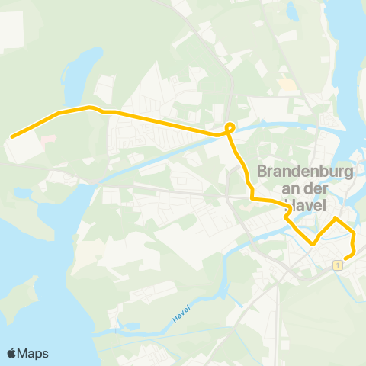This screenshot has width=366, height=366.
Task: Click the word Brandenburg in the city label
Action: point(305,172)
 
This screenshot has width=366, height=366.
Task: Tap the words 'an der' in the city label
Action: point(305,189)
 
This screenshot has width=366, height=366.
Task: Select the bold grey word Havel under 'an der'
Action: point(306,207)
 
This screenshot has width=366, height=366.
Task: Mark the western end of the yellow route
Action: point(11,137)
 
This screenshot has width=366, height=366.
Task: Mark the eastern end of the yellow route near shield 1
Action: point(346,258)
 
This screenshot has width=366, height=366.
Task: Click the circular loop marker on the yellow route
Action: point(229,127)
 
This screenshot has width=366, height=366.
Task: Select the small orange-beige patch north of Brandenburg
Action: point(287,85)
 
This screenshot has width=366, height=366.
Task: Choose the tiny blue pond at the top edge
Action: point(294,11)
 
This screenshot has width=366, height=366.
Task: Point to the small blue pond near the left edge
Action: point(23,194)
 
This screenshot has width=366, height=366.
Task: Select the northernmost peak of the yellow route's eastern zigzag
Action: point(335,218)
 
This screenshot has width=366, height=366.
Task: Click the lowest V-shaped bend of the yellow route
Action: point(312,244)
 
